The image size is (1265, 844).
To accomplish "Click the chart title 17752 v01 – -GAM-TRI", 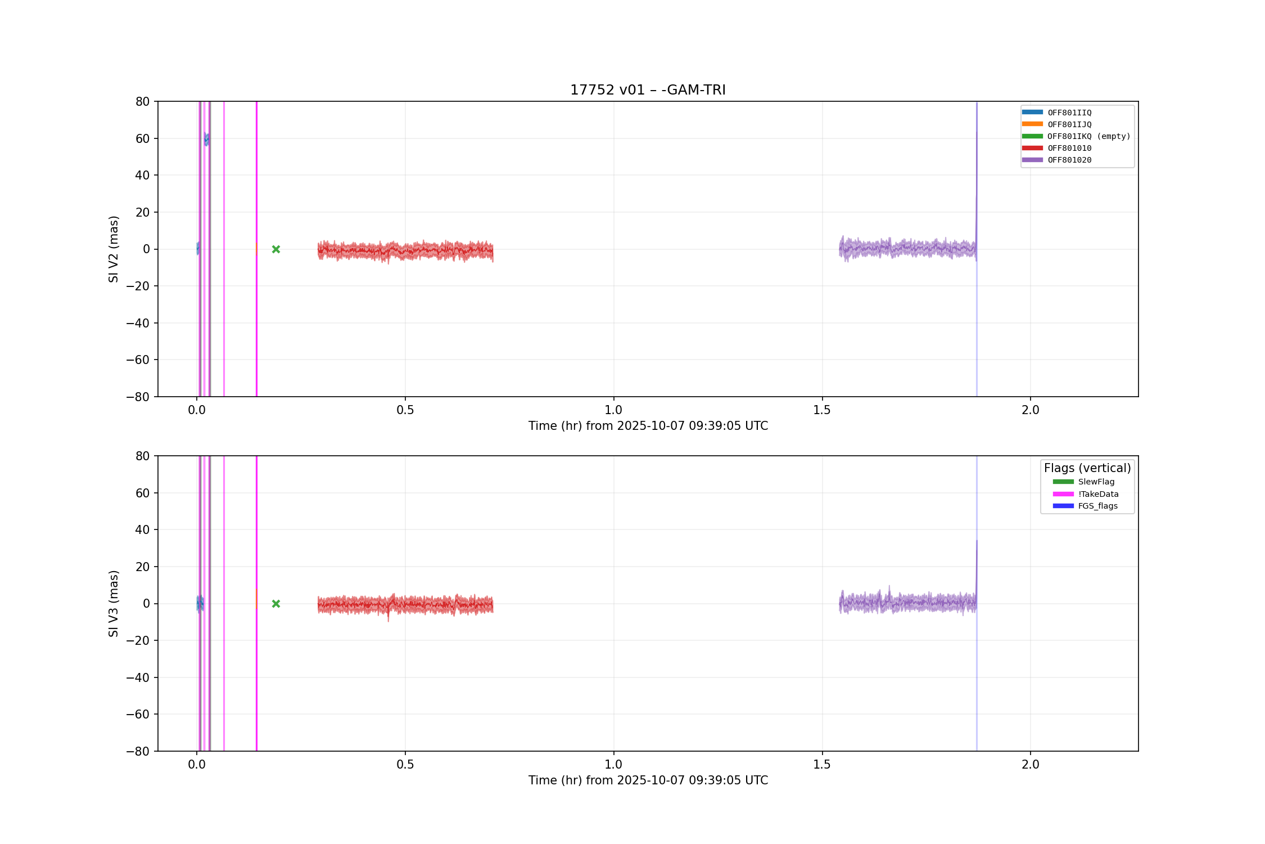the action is pos(648,90).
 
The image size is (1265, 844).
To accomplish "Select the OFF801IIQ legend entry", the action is pos(1056,113).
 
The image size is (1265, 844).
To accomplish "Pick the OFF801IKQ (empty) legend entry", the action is pos(1076,136).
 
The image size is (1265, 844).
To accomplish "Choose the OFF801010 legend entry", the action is pos(1056,148).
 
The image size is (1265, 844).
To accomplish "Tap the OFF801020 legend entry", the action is pos(1056,160).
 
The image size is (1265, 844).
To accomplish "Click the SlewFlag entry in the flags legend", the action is pos(1083,482).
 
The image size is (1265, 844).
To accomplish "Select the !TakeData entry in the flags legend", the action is pos(1086,494).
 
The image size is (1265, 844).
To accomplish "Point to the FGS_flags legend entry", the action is pos(1085,506).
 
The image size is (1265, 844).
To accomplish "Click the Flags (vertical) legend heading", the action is pos(1087,468).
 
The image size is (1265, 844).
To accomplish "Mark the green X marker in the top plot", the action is pos(276,249).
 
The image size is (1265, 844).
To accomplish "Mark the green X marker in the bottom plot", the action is pos(276,604).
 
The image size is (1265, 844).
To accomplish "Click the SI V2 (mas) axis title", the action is pos(114,249).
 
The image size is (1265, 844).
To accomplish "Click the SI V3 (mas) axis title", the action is pos(114,604).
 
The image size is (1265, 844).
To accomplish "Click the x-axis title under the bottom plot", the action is pos(648,780).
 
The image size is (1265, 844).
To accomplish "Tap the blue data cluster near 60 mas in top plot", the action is pos(206,139).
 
